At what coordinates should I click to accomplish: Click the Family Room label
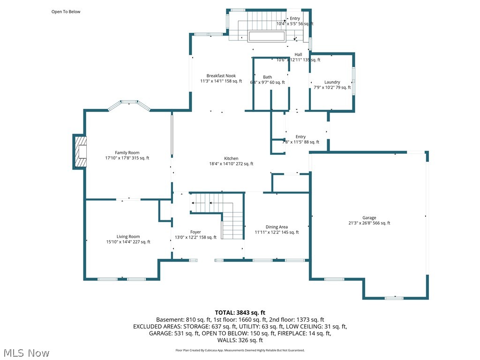(x=127, y=152)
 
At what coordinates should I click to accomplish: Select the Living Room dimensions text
(x=128, y=242)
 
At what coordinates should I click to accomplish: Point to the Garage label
(x=369, y=217)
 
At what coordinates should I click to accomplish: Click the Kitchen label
(x=231, y=158)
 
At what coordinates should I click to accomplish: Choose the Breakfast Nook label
(x=221, y=75)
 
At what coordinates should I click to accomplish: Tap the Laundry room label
(x=332, y=82)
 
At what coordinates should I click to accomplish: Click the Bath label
(x=267, y=77)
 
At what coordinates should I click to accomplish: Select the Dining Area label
(x=277, y=227)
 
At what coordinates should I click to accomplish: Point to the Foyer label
(x=195, y=232)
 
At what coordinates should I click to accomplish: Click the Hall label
(x=298, y=54)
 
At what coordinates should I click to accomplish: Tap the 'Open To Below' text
(x=66, y=12)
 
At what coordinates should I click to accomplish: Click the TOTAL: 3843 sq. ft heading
(x=240, y=312)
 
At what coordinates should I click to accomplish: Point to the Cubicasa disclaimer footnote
(x=240, y=350)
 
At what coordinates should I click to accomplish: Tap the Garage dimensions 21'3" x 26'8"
(x=369, y=224)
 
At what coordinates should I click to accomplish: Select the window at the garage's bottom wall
(x=394, y=298)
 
